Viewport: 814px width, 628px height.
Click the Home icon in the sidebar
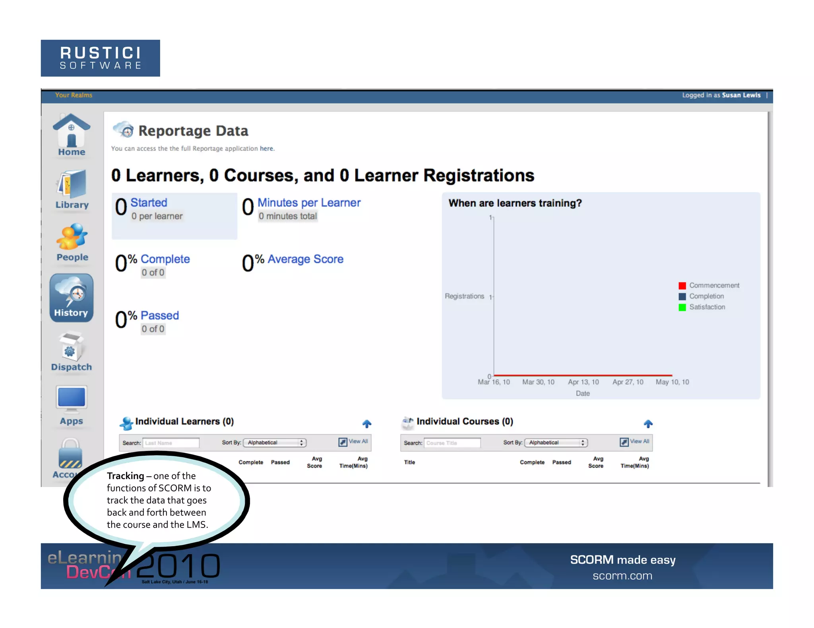point(72,133)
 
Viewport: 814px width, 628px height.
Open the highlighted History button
point(72,298)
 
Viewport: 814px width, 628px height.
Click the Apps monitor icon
point(72,399)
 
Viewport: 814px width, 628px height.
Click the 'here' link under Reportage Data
point(266,148)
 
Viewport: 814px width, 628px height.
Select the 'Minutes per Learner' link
point(309,202)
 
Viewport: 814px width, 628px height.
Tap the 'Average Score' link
point(305,259)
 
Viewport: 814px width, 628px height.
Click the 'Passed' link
point(160,315)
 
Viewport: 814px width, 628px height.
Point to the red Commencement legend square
point(682,285)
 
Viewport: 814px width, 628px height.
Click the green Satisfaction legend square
point(682,307)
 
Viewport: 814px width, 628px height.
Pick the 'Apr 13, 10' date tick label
point(583,382)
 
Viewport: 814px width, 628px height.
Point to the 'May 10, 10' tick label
point(672,382)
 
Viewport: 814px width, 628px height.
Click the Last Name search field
point(171,443)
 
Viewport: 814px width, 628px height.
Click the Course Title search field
point(452,443)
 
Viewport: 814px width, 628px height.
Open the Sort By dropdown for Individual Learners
point(275,443)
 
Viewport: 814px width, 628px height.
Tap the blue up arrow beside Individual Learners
point(366,424)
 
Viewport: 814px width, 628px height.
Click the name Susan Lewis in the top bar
point(741,95)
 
